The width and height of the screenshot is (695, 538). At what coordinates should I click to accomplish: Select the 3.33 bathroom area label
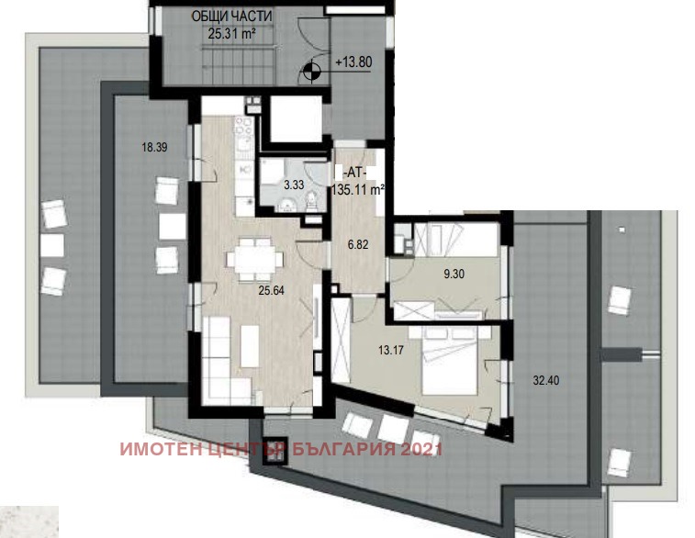(294, 185)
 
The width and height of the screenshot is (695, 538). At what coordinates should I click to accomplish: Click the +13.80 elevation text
(354, 63)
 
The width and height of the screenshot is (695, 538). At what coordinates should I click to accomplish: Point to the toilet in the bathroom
(310, 201)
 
